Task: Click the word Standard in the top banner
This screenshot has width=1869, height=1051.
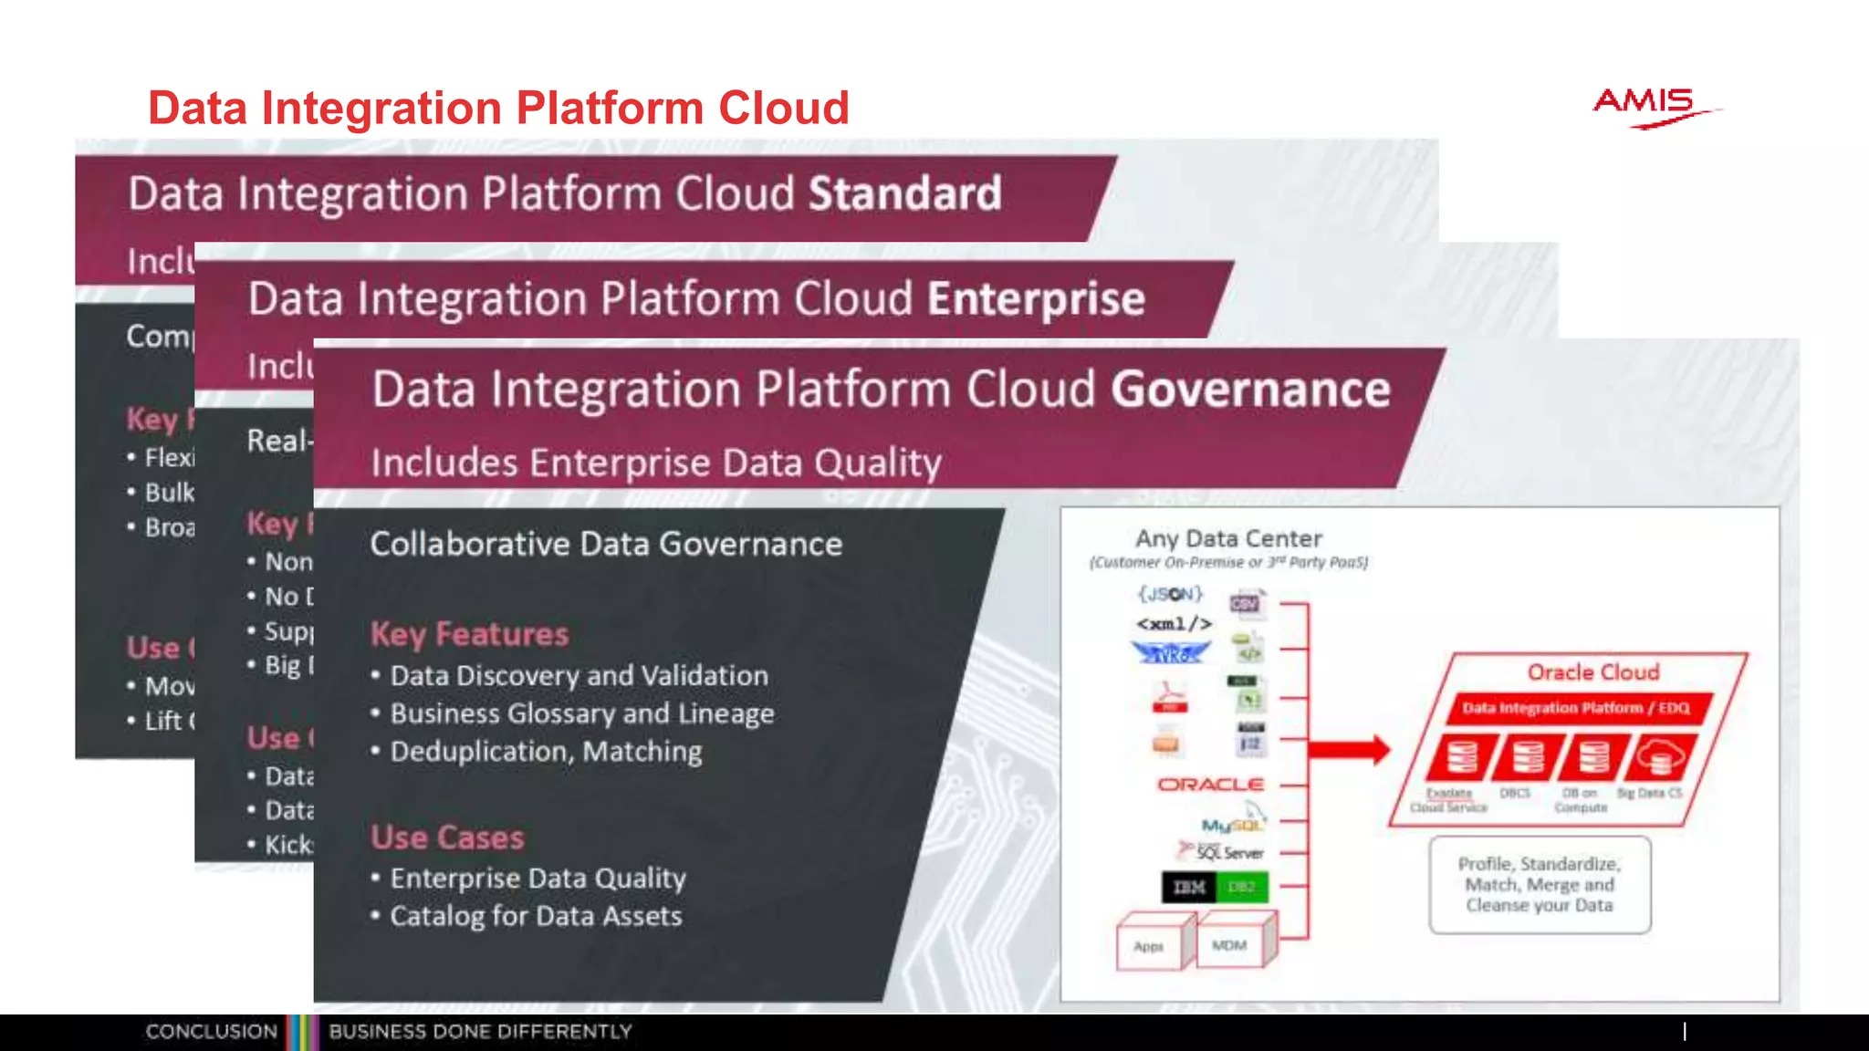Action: [904, 194]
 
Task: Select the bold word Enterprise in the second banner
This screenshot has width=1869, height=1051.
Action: [1036, 299]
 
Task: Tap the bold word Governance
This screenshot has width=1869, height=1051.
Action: [1249, 390]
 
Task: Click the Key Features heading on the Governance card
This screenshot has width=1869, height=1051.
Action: [469, 634]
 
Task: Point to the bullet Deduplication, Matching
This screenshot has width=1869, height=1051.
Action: [546, 752]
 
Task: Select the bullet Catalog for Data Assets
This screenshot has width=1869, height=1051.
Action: [536, 916]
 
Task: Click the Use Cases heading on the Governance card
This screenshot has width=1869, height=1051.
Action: [447, 838]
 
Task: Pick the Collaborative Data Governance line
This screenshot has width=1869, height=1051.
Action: [606, 545]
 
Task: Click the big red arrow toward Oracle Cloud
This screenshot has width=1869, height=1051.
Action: [1348, 750]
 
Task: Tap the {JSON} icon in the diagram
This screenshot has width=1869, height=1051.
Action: [1170, 595]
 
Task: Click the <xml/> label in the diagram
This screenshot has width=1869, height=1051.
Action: [1174, 624]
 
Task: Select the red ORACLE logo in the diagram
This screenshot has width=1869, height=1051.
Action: [1210, 785]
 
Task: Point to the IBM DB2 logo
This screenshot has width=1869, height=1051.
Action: [1214, 887]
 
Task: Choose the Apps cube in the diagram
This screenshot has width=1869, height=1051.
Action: [1150, 945]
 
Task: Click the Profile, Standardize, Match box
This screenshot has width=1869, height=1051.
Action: [1540, 884]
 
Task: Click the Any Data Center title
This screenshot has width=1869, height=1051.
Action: [1228, 539]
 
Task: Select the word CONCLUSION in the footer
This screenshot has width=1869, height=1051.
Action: [211, 1032]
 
